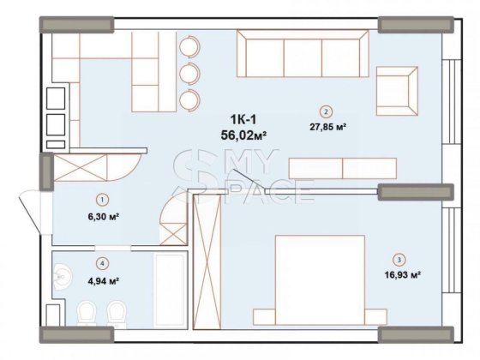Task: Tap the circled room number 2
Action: click(x=325, y=111)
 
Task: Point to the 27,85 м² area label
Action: click(x=326, y=126)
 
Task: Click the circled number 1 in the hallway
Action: click(x=102, y=200)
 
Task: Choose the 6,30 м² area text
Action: click(x=102, y=217)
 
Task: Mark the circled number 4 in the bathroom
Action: click(x=102, y=264)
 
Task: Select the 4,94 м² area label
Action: click(x=102, y=280)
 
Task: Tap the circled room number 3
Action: click(x=398, y=260)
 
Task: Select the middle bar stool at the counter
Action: click(x=189, y=70)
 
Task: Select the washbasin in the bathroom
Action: click(x=61, y=276)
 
